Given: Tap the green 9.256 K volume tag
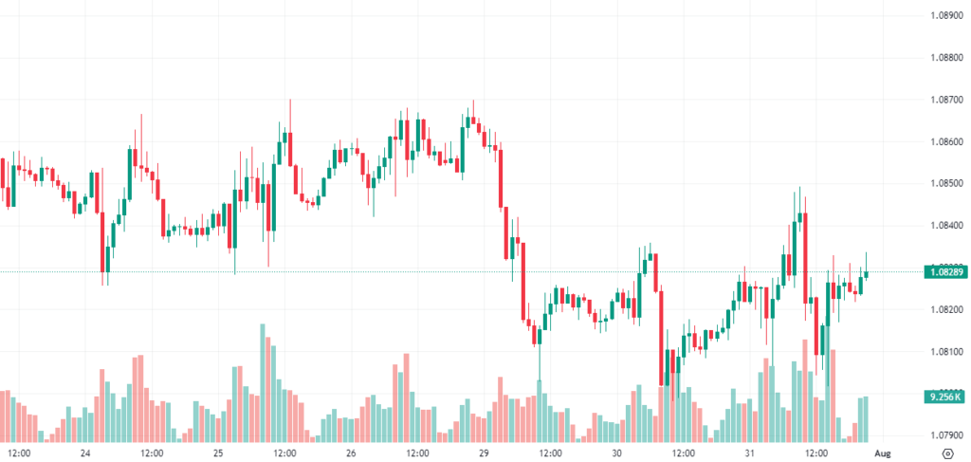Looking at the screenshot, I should pos(944,397).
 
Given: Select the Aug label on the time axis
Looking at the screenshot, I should pos(882,453).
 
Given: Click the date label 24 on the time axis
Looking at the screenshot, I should pos(85,453).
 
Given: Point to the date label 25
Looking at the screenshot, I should pos(218,453).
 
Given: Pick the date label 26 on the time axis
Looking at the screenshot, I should pos(351,453).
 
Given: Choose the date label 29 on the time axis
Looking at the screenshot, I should pos(484,453).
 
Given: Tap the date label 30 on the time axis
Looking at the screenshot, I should pos(616,453).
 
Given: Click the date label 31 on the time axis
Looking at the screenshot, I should pos(749,453).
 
